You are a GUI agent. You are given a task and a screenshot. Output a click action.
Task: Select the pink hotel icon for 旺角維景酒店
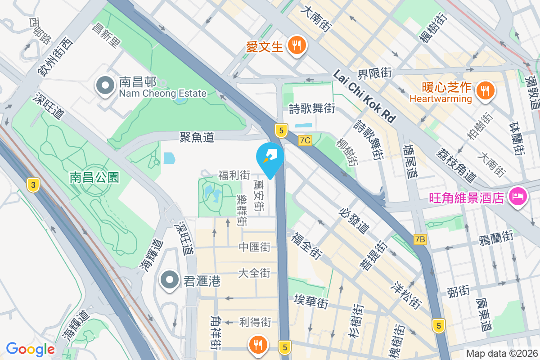[x=517, y=196]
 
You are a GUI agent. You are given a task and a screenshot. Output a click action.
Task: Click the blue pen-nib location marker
[x=270, y=157]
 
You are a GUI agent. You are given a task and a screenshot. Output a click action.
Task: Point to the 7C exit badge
[x=305, y=140]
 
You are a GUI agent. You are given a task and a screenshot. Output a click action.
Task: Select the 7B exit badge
[x=420, y=239]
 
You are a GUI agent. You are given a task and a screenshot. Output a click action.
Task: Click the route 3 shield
[x=32, y=184]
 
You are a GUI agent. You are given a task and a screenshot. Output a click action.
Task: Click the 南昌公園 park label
[x=94, y=177]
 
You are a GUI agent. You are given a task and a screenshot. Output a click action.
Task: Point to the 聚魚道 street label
[x=197, y=137]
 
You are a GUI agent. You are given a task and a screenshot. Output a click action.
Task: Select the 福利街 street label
[x=234, y=175]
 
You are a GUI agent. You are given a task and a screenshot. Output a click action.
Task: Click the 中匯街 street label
[x=255, y=247]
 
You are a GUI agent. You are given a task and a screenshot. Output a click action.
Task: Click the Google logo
[x=30, y=349]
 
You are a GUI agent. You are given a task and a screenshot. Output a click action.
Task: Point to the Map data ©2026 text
[x=501, y=354]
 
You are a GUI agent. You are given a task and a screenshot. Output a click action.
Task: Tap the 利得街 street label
[x=255, y=322]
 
